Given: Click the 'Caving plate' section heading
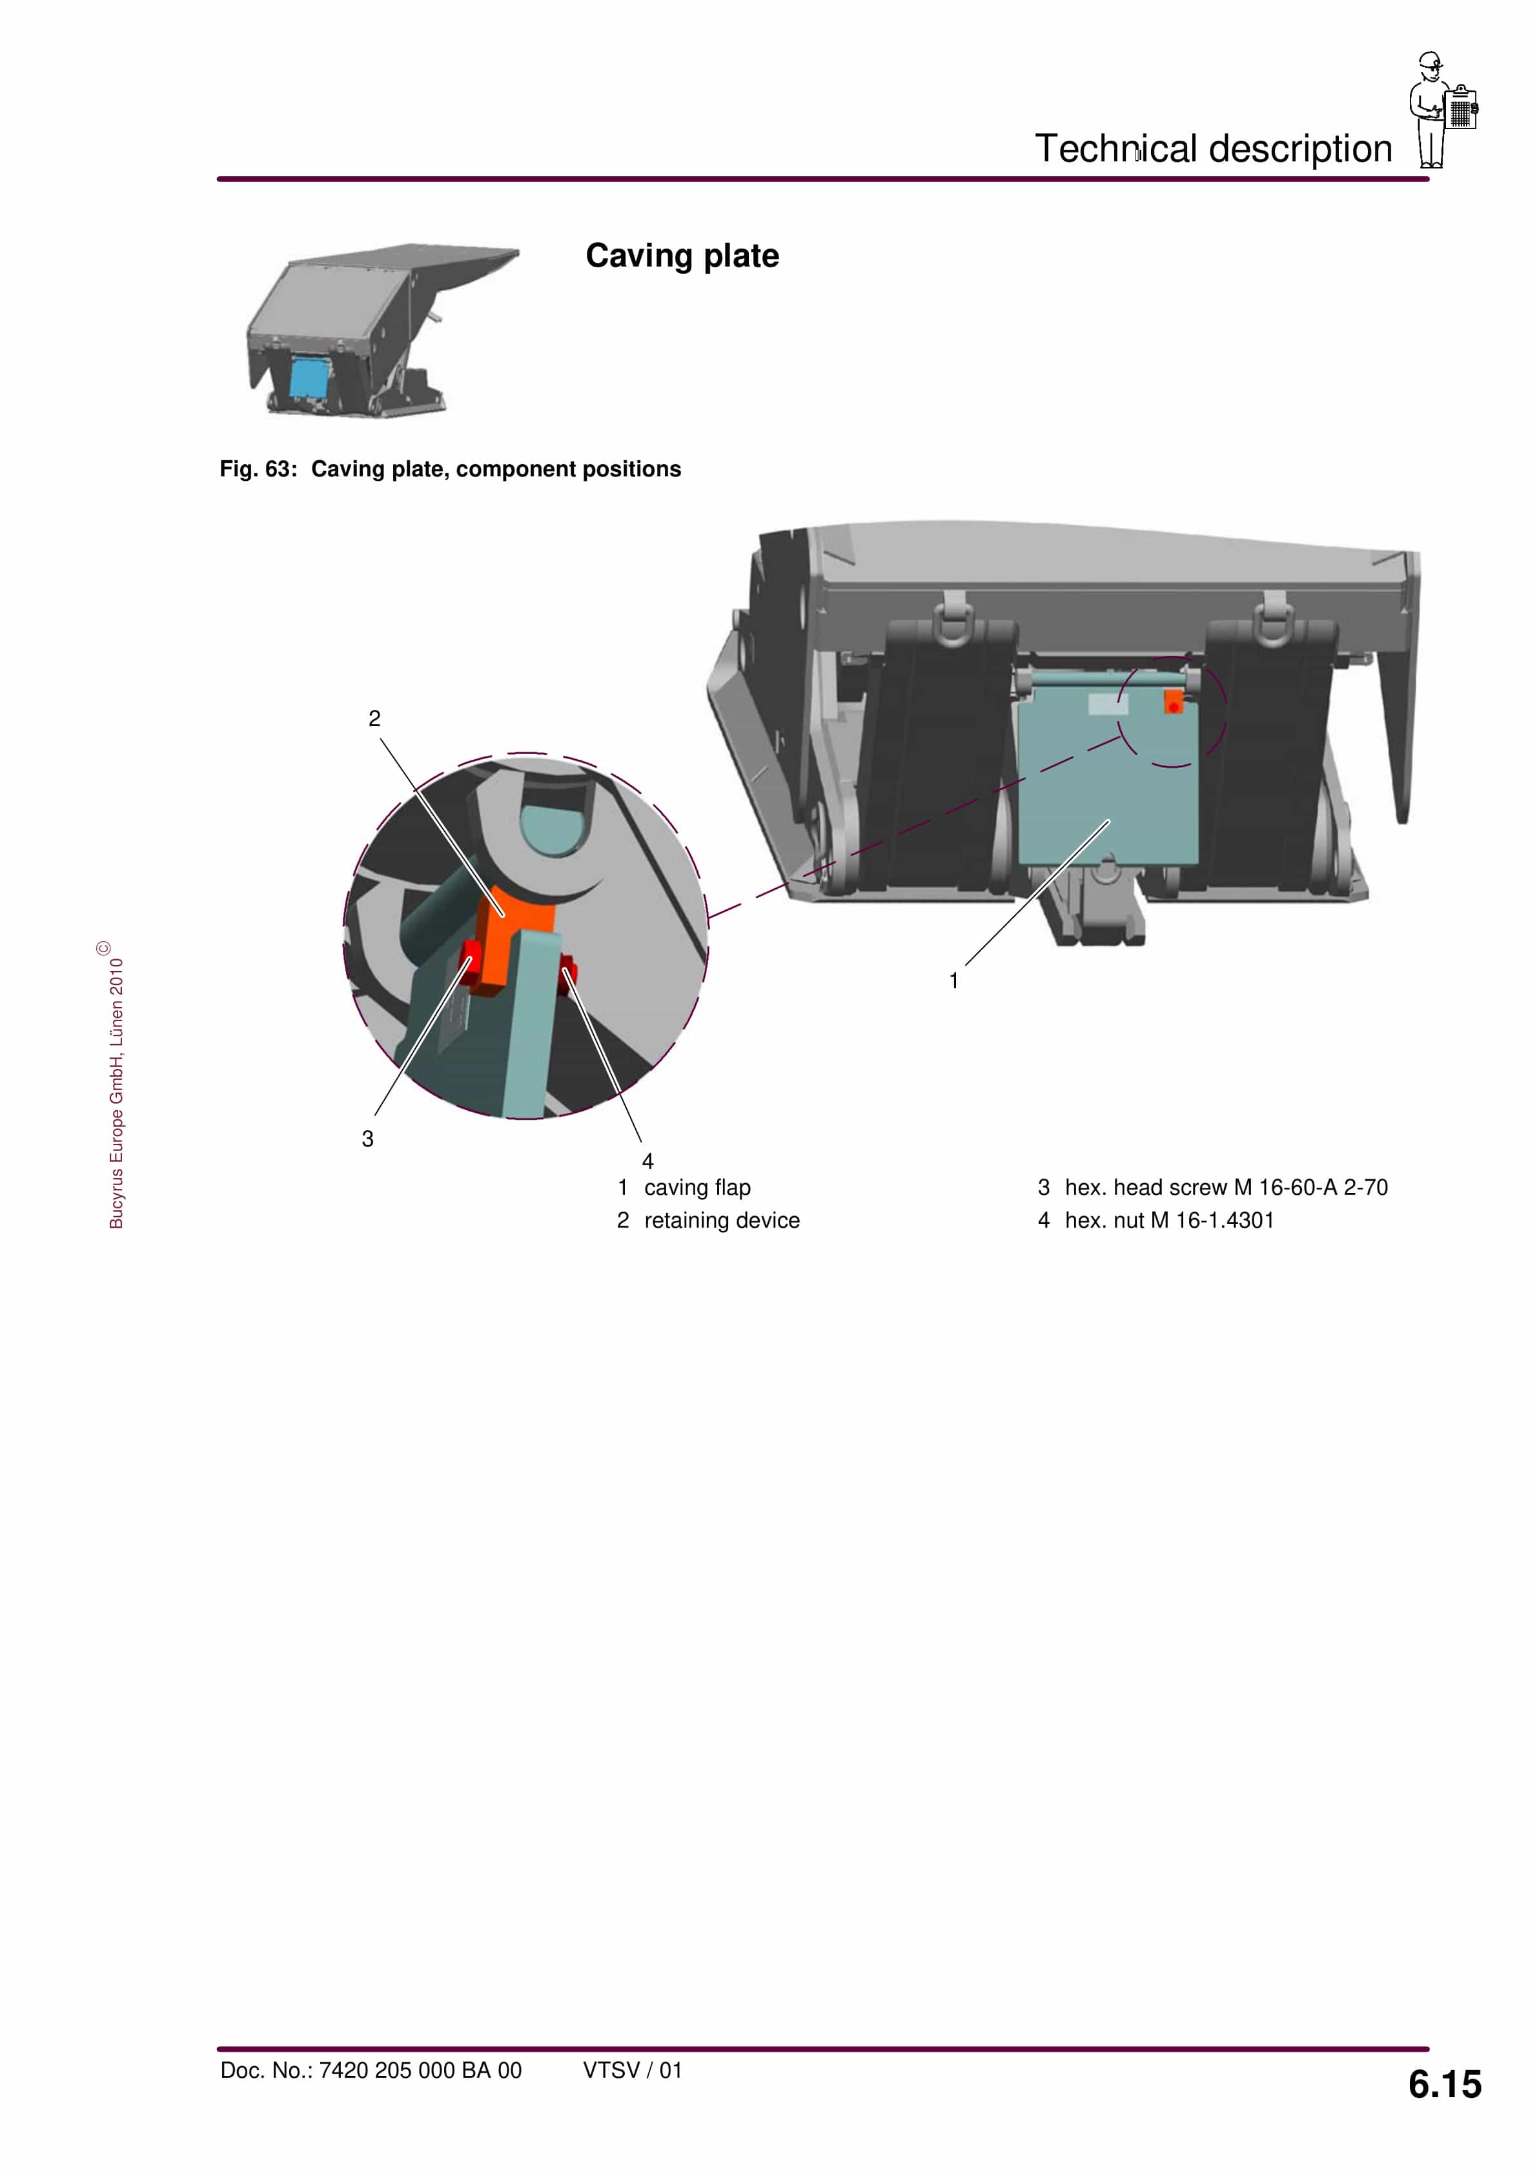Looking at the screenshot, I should pyautogui.click(x=682, y=256).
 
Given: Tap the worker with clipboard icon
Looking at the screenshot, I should pyautogui.click(x=1442, y=109).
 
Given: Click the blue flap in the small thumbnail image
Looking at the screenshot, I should pyautogui.click(x=308, y=377).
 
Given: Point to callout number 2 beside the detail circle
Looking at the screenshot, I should pyautogui.click(x=374, y=718).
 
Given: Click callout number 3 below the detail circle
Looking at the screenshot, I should pyautogui.click(x=367, y=1139).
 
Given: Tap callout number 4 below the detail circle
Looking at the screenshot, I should pyautogui.click(x=647, y=1161).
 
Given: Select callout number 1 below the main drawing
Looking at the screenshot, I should pyautogui.click(x=953, y=981).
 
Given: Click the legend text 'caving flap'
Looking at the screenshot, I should pyautogui.click(x=697, y=1187).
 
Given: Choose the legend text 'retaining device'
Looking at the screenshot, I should pyautogui.click(x=722, y=1221).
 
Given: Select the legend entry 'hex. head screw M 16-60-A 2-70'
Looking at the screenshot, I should pyautogui.click(x=1225, y=1187).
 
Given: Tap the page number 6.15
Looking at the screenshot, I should pyautogui.click(x=1444, y=2084).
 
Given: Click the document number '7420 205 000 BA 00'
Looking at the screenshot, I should pyautogui.click(x=420, y=2071).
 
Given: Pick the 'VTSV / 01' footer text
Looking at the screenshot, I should pyautogui.click(x=632, y=2071).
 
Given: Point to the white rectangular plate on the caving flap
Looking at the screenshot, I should pyautogui.click(x=1107, y=704).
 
